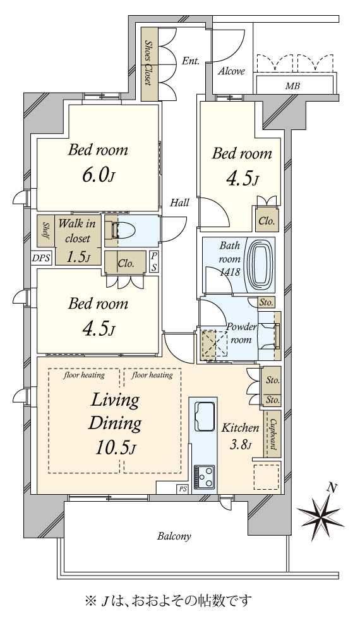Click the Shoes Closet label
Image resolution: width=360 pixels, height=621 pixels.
coord(148,62)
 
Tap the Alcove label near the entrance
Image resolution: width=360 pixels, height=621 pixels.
coord(232,71)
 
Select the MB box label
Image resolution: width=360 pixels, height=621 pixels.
coord(292,86)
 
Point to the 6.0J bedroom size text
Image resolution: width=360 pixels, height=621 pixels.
coord(98,175)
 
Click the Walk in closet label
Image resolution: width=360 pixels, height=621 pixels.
coord(77,230)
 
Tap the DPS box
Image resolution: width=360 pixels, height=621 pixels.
coord(41,258)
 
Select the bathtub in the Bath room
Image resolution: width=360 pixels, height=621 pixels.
coord(260,264)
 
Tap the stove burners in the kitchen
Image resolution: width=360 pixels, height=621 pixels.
coord(204,476)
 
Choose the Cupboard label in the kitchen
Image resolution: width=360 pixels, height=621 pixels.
coord(273,435)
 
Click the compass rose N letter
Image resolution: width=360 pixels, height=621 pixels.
coord(332,488)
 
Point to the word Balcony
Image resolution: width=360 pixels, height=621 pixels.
coord(174,536)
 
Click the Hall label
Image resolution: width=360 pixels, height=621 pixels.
coord(179,203)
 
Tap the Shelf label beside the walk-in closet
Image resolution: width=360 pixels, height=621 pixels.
coord(46,230)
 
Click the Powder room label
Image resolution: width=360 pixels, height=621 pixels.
coord(241,333)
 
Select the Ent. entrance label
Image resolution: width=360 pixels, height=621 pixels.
coord(190,61)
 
